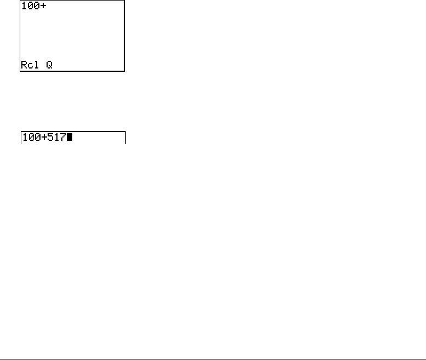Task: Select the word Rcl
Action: (30, 65)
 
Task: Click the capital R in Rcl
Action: (24, 65)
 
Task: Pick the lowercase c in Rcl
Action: (30, 66)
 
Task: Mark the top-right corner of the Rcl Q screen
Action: (124, 1)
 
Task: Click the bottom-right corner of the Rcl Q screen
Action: (124, 71)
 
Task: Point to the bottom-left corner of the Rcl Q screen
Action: (20, 71)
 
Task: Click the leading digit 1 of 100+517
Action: (24, 138)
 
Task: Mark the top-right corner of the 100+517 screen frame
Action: (125, 132)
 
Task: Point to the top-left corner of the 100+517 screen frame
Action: (20, 132)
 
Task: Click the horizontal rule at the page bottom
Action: (213, 345)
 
